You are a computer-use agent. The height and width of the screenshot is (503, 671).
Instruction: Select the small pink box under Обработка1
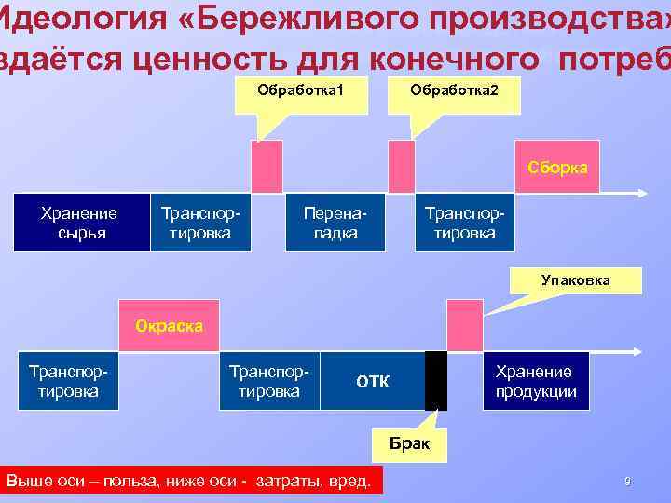267,167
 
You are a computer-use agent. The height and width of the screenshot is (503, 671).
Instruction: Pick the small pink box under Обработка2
401,167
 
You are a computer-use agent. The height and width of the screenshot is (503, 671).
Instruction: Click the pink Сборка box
557,169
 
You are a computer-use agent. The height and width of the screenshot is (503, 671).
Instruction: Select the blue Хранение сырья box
81,223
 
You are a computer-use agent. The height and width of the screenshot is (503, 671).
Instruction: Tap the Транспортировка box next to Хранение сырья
202,223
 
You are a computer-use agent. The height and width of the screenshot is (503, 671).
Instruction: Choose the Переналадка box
335,223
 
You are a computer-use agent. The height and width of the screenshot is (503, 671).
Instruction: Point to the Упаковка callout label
576,279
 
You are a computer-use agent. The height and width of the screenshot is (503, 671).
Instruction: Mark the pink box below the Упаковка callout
464,324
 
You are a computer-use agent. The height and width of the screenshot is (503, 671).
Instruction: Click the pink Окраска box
169,325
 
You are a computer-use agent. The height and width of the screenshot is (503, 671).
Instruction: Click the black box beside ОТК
435,380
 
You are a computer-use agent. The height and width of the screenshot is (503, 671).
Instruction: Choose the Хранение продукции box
535,380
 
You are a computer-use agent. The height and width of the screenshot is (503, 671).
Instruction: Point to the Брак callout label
409,442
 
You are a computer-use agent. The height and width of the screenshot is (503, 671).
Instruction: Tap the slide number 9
627,482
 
